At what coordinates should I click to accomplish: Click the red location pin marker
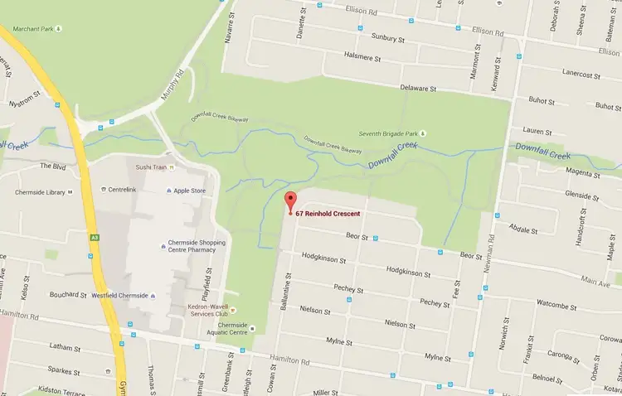[x=290, y=201]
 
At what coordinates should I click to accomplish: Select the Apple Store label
[x=192, y=191]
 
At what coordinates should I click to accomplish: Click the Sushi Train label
[x=152, y=167]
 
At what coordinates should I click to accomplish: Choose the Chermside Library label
[x=40, y=192]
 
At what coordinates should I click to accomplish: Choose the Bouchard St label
[x=68, y=295]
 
